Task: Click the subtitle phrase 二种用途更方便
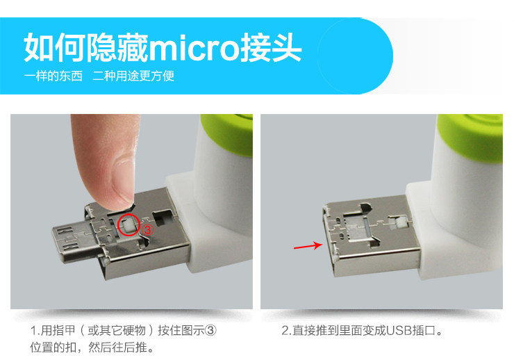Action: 133,76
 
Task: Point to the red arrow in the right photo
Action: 306,245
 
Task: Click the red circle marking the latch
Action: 127,226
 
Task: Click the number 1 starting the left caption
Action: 33,330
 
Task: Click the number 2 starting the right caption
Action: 285,330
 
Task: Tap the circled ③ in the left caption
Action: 213,330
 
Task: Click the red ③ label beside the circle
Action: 147,229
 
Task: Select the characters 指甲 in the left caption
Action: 62,330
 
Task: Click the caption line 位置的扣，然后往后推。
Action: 91,347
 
